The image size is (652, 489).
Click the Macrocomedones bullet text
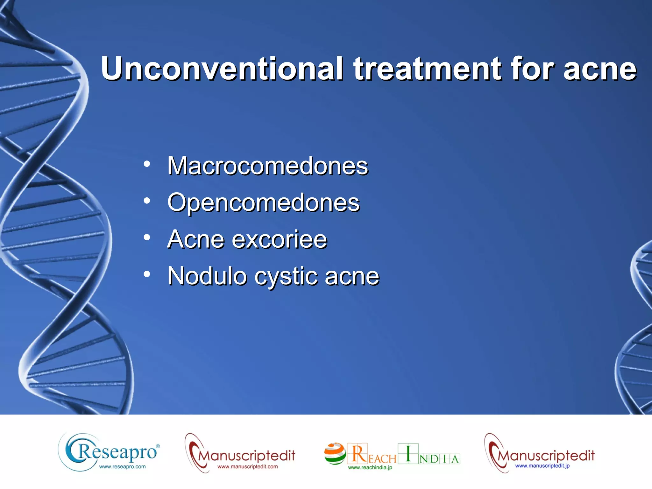tap(267, 166)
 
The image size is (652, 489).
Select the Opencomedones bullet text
tap(263, 203)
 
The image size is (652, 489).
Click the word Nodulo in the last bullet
tap(207, 276)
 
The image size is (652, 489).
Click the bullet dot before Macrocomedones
tap(147, 164)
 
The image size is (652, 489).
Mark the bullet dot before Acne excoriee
tap(147, 237)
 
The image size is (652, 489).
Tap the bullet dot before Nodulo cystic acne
tap(147, 274)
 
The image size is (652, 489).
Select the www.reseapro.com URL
tap(122, 467)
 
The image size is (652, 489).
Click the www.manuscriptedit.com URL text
tap(247, 467)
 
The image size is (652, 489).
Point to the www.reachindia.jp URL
tap(370, 468)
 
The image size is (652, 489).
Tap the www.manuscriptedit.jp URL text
tap(542, 466)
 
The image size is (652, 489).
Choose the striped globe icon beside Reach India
tap(335, 453)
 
